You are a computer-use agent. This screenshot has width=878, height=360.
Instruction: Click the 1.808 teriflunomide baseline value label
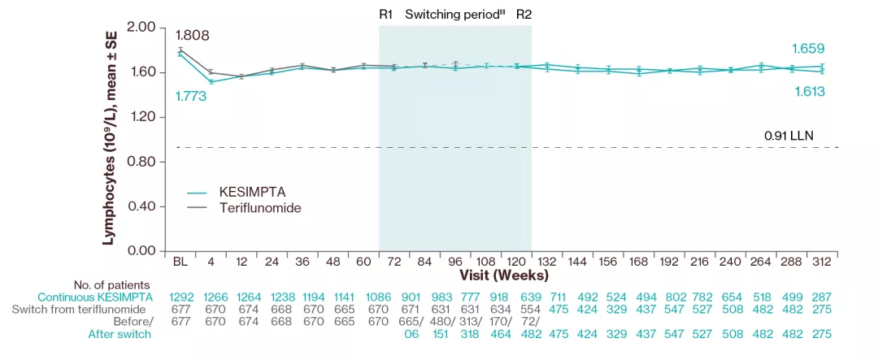(x=192, y=35)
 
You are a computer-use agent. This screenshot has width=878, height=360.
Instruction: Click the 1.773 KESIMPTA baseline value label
(x=192, y=96)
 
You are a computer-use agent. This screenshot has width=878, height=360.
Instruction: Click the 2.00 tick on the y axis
(x=141, y=28)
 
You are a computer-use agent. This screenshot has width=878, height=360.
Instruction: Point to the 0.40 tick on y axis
(x=141, y=206)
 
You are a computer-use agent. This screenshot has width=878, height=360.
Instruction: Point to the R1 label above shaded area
(x=386, y=15)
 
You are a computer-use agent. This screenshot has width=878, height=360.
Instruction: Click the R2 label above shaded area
(x=524, y=15)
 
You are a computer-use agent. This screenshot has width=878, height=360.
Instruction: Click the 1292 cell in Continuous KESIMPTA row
(x=181, y=297)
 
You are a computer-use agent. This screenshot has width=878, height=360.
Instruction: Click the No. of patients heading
(x=111, y=284)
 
